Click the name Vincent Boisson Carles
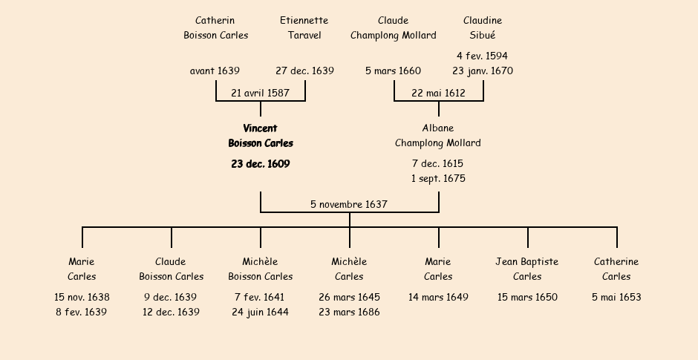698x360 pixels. [x=261, y=136]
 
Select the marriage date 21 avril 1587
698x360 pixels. [x=260, y=94]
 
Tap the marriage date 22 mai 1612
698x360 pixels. [x=438, y=94]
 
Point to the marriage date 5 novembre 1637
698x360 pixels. [x=349, y=204]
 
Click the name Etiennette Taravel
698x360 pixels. [x=304, y=27]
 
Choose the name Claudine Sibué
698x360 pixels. [x=483, y=27]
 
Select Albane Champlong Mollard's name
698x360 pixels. [x=438, y=136]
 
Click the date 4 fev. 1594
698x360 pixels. [x=483, y=56]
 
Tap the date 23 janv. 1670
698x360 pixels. [x=483, y=71]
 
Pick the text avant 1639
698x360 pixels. [x=215, y=71]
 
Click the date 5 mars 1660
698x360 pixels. [x=394, y=71]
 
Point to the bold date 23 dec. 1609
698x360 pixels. [x=261, y=164]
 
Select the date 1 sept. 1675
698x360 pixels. [x=438, y=179]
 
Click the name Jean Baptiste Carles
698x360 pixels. [x=527, y=269]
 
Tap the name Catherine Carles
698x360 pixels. [x=616, y=269]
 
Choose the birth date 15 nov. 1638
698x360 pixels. [x=82, y=298]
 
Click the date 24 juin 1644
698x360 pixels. [x=260, y=312]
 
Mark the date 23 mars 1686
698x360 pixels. [x=349, y=312]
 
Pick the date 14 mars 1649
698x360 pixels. [x=438, y=298]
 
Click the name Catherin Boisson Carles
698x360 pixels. [x=215, y=27]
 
